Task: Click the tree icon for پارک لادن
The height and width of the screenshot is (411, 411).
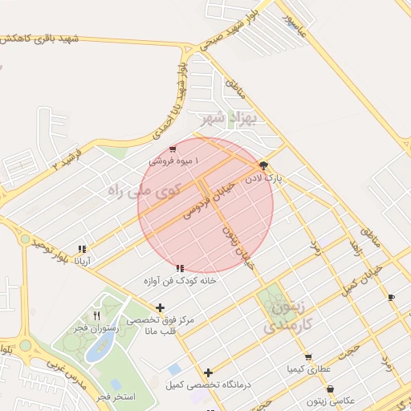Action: (x=264, y=165)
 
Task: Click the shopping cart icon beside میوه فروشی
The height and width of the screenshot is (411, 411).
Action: (x=173, y=149)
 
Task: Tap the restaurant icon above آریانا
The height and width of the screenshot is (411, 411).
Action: (x=82, y=249)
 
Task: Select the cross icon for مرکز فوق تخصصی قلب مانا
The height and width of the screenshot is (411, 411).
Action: (x=161, y=307)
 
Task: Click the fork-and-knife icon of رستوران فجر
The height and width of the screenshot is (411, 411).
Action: (x=97, y=315)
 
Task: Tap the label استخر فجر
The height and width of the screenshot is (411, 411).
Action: (x=116, y=397)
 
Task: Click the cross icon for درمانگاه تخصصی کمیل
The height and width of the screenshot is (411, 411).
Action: (x=209, y=372)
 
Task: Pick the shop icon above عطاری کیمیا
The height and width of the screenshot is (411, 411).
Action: (x=308, y=357)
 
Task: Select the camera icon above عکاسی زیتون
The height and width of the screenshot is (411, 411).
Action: (x=330, y=389)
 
